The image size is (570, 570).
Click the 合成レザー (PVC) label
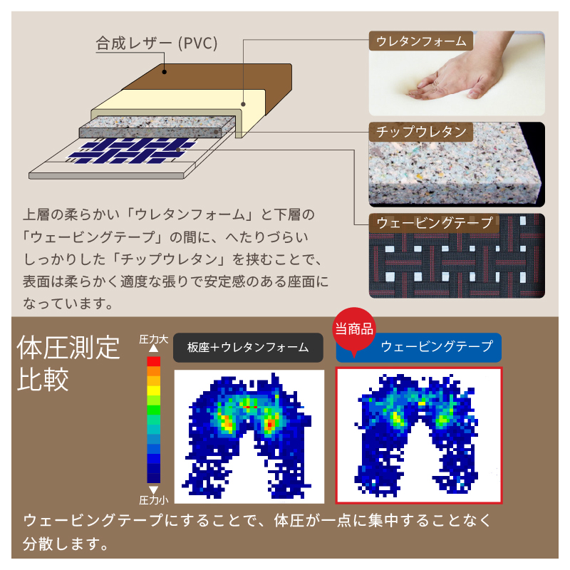click(x=157, y=43)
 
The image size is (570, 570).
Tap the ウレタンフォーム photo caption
click(x=421, y=41)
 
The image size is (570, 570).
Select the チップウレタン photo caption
click(x=421, y=132)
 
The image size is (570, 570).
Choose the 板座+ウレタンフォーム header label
click(x=248, y=348)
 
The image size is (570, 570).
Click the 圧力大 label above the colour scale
click(x=153, y=340)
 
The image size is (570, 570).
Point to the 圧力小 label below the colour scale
click(x=153, y=501)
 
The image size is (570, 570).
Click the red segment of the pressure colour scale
click(x=153, y=361)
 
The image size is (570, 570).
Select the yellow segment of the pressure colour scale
click(x=153, y=390)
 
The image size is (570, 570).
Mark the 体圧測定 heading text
click(x=68, y=348)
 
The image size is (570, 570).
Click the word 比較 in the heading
click(x=43, y=379)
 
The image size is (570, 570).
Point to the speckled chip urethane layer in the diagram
click(x=157, y=127)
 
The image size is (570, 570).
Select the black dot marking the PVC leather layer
click(x=165, y=72)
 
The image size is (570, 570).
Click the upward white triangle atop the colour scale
click(x=153, y=348)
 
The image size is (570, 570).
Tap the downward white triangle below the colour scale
click(x=153, y=489)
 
